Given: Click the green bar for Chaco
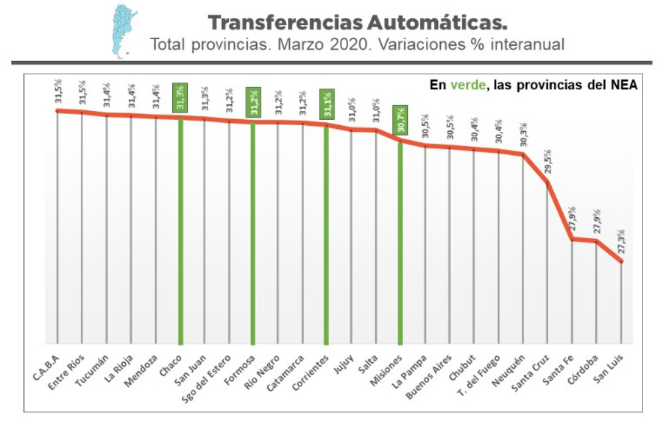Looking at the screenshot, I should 180,232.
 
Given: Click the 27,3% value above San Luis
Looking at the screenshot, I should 621,242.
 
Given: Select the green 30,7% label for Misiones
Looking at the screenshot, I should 400,120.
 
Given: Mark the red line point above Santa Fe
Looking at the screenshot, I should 572,239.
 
